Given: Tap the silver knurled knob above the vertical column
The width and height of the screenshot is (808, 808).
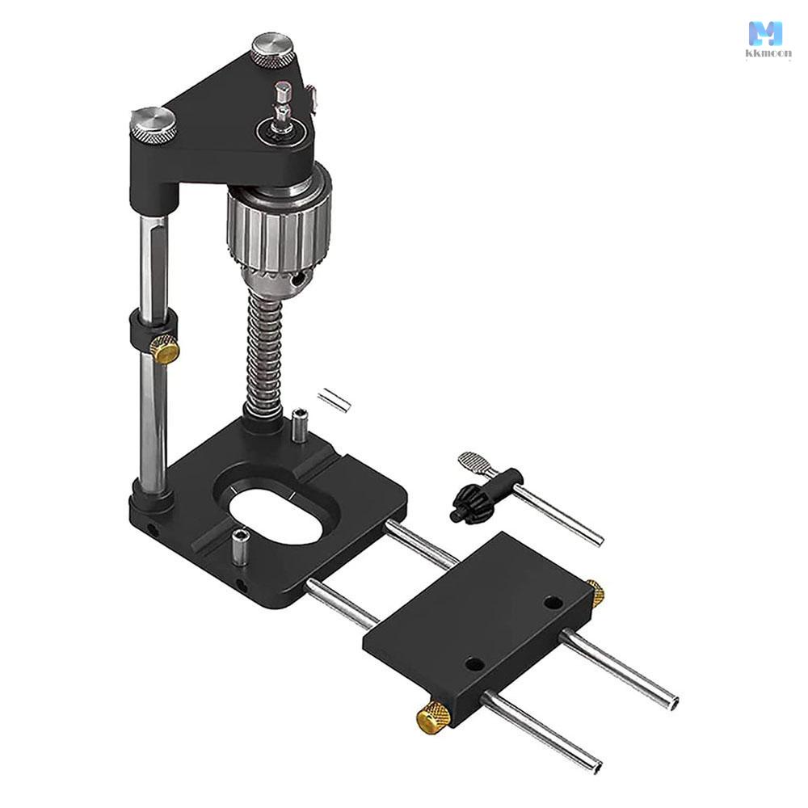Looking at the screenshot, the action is tap(153, 126).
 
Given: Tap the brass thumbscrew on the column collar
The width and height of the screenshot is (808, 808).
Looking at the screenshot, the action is tap(165, 349).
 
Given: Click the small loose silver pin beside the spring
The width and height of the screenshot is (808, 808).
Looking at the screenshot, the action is tap(334, 399).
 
